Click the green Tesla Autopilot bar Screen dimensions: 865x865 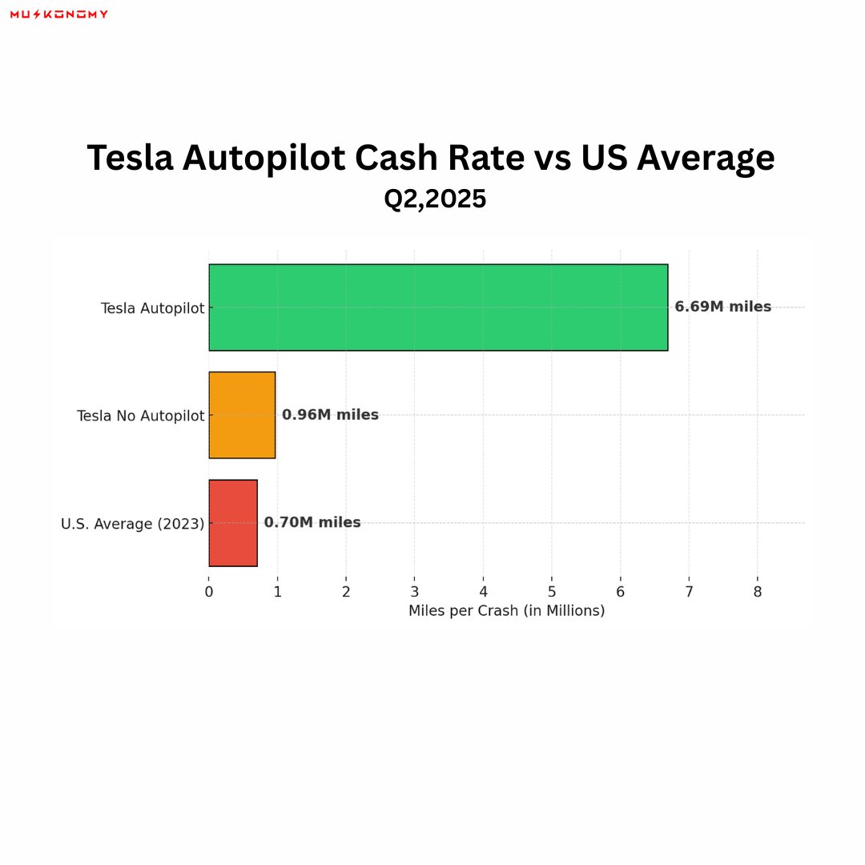[x=438, y=308]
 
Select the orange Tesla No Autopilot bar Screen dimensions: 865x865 [x=242, y=415]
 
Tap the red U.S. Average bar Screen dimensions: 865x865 [x=233, y=523]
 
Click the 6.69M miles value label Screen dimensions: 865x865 [x=722, y=307]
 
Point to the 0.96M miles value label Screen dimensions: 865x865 [x=330, y=415]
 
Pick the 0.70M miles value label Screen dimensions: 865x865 [x=312, y=523]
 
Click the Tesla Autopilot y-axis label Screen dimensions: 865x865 [x=152, y=308]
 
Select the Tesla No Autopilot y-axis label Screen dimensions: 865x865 [x=140, y=416]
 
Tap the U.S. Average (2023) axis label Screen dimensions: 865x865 [x=132, y=524]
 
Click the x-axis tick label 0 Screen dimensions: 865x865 [x=209, y=592]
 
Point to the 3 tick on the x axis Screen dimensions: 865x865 [x=415, y=592]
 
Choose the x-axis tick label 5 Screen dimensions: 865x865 [x=552, y=592]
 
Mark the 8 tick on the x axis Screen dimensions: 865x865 [x=758, y=592]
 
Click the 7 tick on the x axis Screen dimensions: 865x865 [x=689, y=592]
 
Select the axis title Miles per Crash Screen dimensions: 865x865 [x=506, y=611]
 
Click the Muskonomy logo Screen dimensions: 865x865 [x=58, y=14]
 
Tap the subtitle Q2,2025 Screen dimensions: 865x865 [x=435, y=199]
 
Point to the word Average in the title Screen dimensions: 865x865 [x=706, y=158]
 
